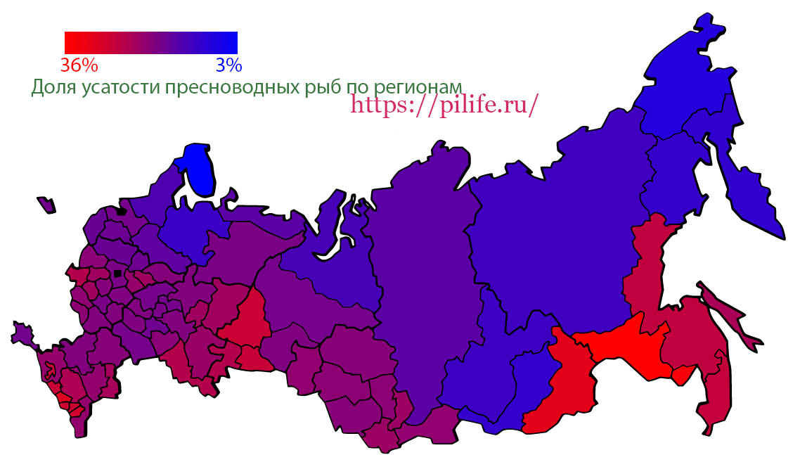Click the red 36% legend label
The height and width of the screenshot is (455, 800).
pyautogui.click(x=79, y=65)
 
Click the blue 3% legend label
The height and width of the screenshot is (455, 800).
pyautogui.click(x=228, y=65)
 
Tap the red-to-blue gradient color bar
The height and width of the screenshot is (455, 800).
pyautogui.click(x=150, y=42)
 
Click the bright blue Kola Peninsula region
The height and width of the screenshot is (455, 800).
pyautogui.click(x=197, y=169)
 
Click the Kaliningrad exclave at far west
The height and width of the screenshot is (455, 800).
pyautogui.click(x=47, y=205)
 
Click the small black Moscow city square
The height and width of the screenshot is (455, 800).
pyautogui.click(x=117, y=273)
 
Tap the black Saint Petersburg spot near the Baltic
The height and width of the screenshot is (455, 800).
pyautogui.click(x=122, y=210)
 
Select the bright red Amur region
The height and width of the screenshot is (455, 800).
pyautogui.click(x=633, y=345)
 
